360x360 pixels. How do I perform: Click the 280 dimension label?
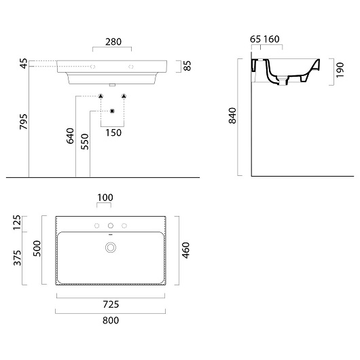[x=113, y=42]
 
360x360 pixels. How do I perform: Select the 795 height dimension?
[x=24, y=122]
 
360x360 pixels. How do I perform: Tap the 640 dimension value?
[x=70, y=136]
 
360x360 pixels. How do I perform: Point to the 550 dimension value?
[x=84, y=142]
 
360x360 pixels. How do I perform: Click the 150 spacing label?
[x=113, y=132]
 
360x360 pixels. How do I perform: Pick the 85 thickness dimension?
[x=187, y=66]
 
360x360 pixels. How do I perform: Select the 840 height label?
[x=232, y=115]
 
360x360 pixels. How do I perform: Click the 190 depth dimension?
[x=340, y=70]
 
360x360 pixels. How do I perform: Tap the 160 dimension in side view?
[x=272, y=39]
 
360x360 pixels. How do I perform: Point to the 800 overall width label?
[x=111, y=321]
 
